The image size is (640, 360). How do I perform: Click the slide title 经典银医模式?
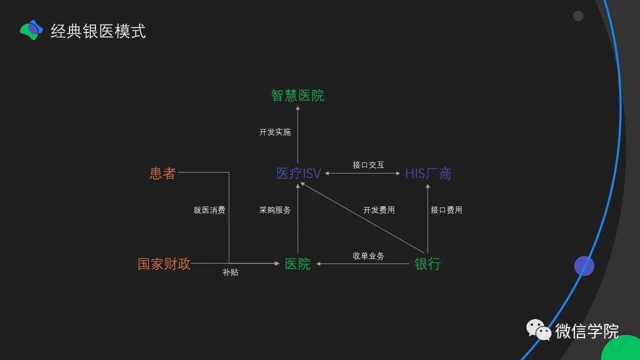[98, 31]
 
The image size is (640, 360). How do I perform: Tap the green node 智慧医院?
[297, 95]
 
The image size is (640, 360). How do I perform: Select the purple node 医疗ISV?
[298, 173]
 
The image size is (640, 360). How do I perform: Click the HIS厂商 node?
[428, 173]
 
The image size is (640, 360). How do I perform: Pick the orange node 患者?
[162, 173]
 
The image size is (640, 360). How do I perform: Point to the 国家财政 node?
[164, 263]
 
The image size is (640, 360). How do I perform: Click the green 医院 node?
[297, 263]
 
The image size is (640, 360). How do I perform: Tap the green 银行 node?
[427, 263]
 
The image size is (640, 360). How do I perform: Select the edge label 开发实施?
[274, 132]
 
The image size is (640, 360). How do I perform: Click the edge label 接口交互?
[368, 164]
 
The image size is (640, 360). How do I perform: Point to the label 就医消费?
[209, 210]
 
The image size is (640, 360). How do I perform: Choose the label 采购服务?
[274, 210]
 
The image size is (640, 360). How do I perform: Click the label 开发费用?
[378, 210]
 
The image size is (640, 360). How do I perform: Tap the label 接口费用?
[446, 210]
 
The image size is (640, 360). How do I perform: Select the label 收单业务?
[368, 255]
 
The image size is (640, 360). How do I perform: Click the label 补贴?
[230, 272]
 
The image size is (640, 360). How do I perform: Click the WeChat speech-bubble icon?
[538, 330]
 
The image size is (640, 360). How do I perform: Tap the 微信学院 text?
[586, 331]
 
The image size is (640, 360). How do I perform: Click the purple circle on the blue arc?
[584, 266]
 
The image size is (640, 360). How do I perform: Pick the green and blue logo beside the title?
[31, 30]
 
